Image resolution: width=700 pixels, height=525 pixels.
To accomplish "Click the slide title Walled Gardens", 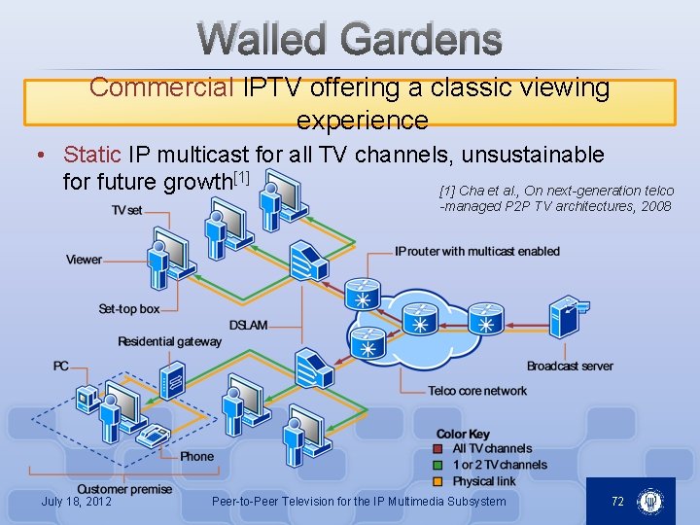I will [350, 40].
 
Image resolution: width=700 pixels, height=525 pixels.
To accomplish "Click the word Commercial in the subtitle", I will [160, 87].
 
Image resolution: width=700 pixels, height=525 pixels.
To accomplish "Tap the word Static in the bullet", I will [91, 155].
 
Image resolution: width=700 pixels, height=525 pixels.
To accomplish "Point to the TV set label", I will [126, 210].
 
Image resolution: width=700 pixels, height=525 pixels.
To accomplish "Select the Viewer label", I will [84, 260].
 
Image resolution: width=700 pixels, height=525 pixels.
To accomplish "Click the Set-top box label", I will [129, 309].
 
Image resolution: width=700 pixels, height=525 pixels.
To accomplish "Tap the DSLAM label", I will [248, 325].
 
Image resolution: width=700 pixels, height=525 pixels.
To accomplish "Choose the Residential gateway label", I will [169, 341].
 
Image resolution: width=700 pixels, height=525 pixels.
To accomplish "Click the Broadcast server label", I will [570, 367].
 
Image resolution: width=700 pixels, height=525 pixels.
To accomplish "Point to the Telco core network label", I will [477, 391].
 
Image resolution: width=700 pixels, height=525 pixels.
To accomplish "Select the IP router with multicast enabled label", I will [477, 252].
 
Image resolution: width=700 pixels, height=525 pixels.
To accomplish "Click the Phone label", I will [196, 456].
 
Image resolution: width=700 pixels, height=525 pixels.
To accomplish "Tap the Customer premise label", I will [124, 489].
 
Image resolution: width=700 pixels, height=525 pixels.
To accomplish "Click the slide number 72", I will [617, 502].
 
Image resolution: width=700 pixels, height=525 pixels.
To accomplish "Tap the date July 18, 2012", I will [77, 502].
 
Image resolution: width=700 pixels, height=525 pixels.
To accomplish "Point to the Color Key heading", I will [463, 434].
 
